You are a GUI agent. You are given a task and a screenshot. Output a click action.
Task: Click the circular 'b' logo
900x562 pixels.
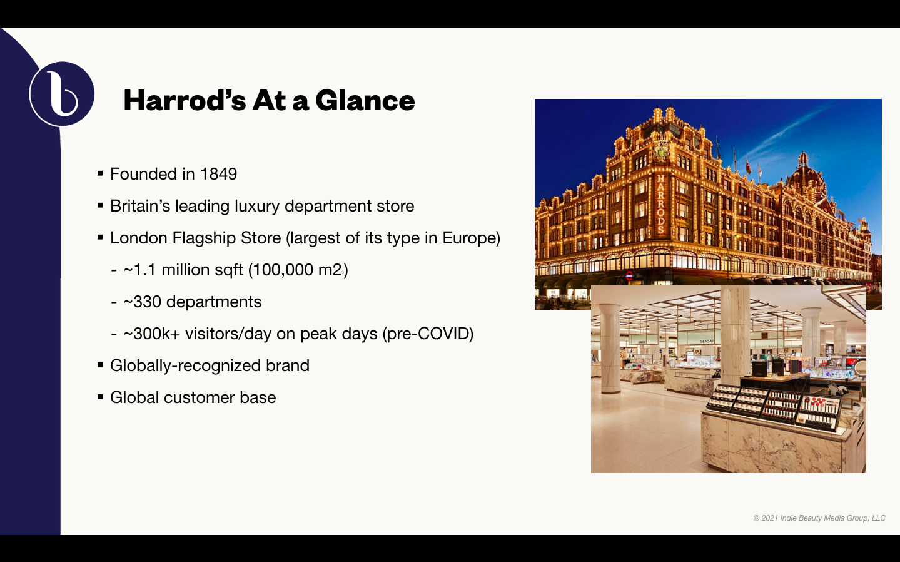[x=61, y=94]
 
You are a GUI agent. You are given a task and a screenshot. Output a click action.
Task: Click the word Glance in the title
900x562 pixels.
[x=365, y=101]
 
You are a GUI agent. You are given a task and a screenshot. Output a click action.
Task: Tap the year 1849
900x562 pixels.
[x=218, y=174]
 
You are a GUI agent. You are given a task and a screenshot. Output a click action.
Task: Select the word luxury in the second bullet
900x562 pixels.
[x=257, y=207]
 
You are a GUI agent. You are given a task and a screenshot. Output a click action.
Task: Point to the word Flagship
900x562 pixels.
[x=226, y=238]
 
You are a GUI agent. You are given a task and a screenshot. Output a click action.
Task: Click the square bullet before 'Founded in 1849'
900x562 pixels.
[x=100, y=173]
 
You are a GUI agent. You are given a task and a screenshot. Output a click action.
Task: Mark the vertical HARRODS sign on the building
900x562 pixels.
[x=660, y=204]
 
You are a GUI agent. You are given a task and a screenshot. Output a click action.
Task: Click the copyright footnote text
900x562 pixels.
[x=819, y=518]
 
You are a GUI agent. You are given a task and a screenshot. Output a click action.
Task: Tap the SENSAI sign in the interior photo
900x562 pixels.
[x=707, y=341]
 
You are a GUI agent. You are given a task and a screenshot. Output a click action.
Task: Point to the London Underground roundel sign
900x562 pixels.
[x=630, y=276]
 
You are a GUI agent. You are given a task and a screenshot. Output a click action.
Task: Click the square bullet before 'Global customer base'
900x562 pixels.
[x=100, y=397]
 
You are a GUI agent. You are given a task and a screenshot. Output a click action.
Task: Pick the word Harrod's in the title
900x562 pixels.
[x=185, y=101]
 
